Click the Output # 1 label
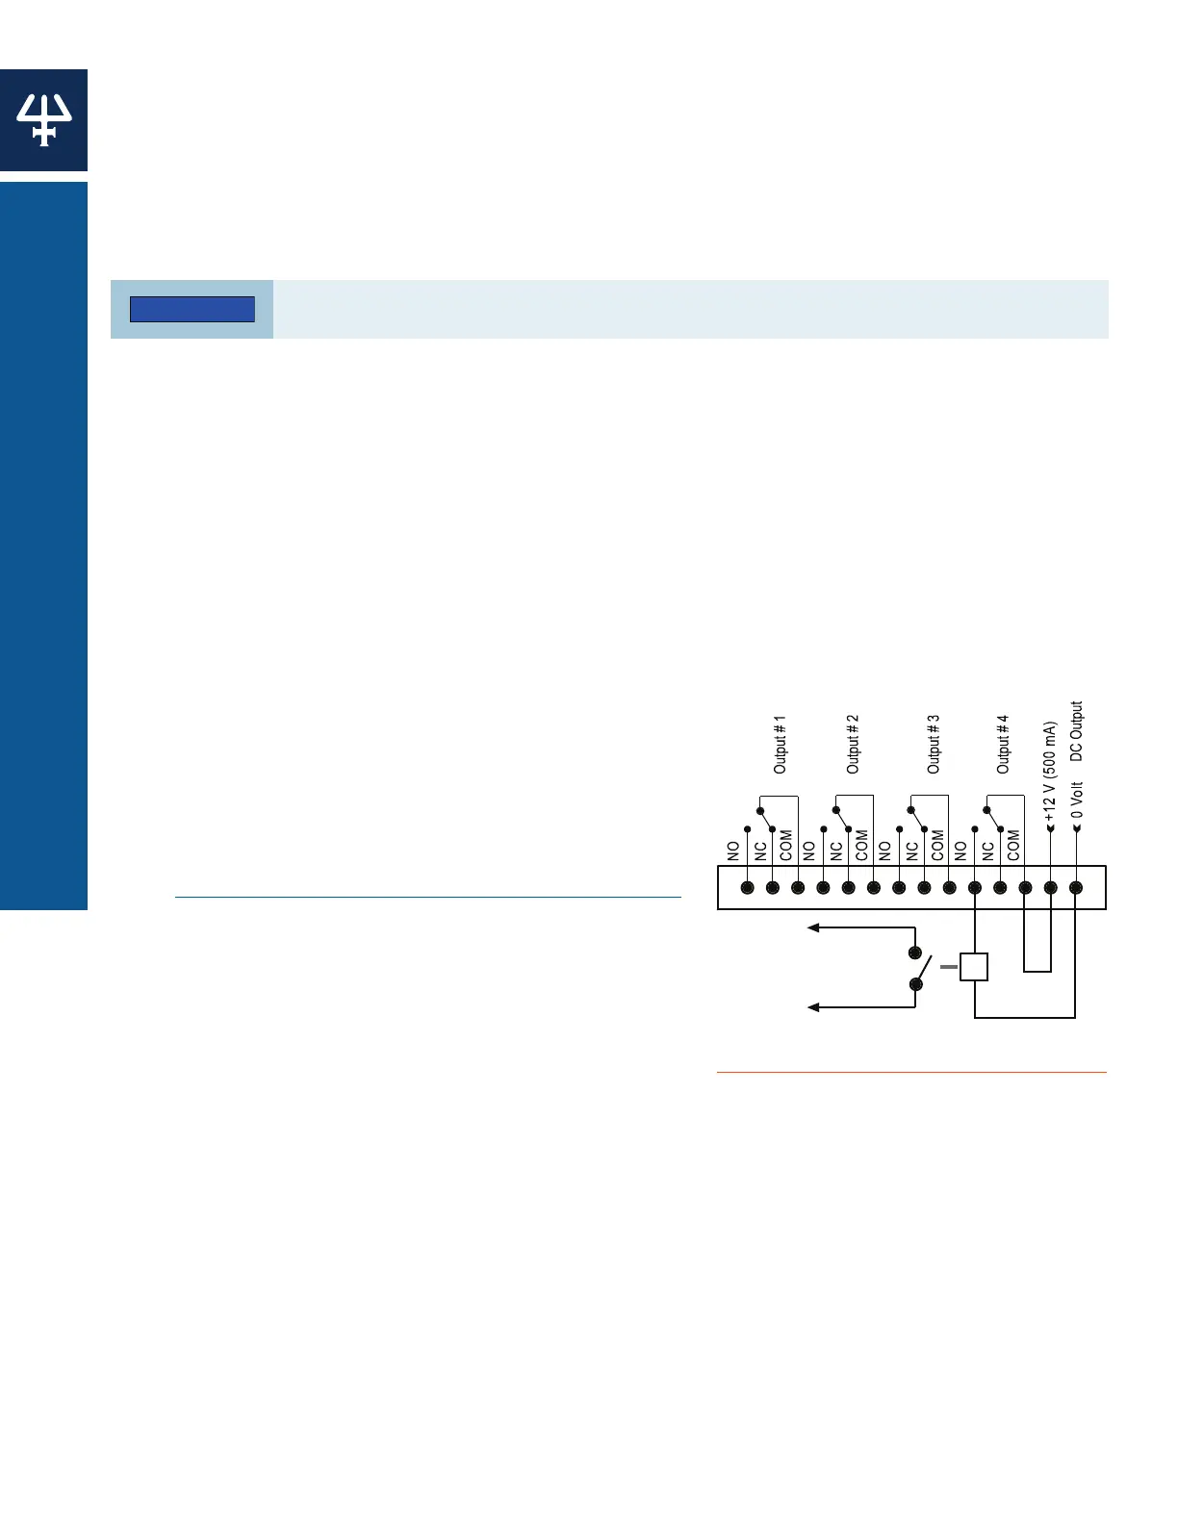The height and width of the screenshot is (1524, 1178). click(781, 744)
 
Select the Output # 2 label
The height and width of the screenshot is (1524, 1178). click(853, 744)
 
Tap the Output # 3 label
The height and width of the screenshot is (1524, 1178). click(934, 744)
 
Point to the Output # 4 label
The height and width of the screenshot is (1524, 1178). click(1003, 744)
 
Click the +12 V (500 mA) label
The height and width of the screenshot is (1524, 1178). click(1051, 769)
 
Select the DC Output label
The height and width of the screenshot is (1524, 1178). click(1076, 730)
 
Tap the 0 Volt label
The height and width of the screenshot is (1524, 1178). click(1077, 800)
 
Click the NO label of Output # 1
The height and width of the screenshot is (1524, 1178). click(734, 851)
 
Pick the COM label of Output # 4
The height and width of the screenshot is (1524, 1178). click(1013, 846)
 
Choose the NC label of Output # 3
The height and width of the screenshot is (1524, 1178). click(911, 851)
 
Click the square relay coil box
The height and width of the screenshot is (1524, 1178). click(974, 967)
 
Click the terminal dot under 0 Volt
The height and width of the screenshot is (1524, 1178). click(1076, 888)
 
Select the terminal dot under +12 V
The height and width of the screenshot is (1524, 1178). click(1051, 888)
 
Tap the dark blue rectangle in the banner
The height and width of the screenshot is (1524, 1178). click(192, 309)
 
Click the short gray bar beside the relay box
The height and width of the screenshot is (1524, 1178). click(948, 967)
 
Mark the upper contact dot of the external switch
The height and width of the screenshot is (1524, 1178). click(915, 952)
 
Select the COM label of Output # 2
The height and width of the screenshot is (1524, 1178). click(861, 846)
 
